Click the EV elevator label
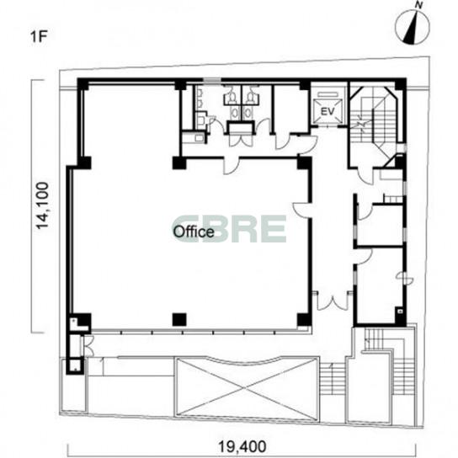tap(328, 111)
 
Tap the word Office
tap(194, 232)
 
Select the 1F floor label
tap(39, 37)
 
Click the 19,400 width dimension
tap(242, 446)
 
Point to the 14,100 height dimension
tap(42, 206)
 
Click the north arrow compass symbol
tap(413, 28)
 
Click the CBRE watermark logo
tap(231, 229)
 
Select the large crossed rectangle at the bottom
tap(247, 388)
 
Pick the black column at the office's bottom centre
tap(179, 320)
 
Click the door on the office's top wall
tap(232, 166)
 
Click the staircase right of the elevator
tap(374, 116)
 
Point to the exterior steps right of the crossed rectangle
tap(333, 379)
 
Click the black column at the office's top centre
tap(179, 163)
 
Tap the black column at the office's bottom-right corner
tap(305, 320)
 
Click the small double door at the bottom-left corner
tap(88, 346)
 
